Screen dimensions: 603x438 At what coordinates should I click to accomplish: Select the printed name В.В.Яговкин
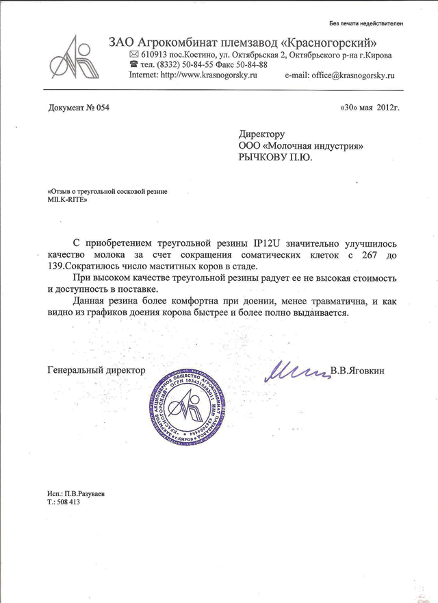pos(358,371)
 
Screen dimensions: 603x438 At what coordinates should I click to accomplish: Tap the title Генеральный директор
pos(92,370)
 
